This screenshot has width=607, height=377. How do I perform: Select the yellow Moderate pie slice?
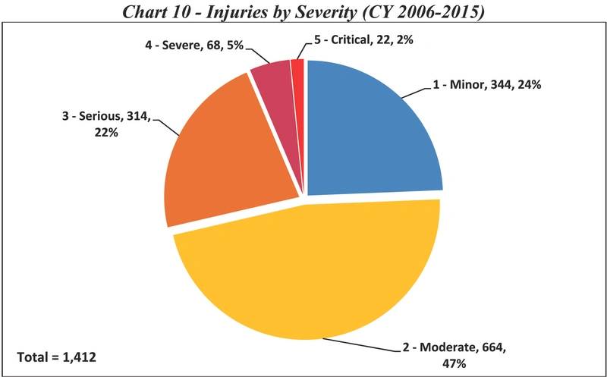pos(303,281)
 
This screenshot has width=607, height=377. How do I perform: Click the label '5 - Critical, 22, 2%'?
pos(363,39)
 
